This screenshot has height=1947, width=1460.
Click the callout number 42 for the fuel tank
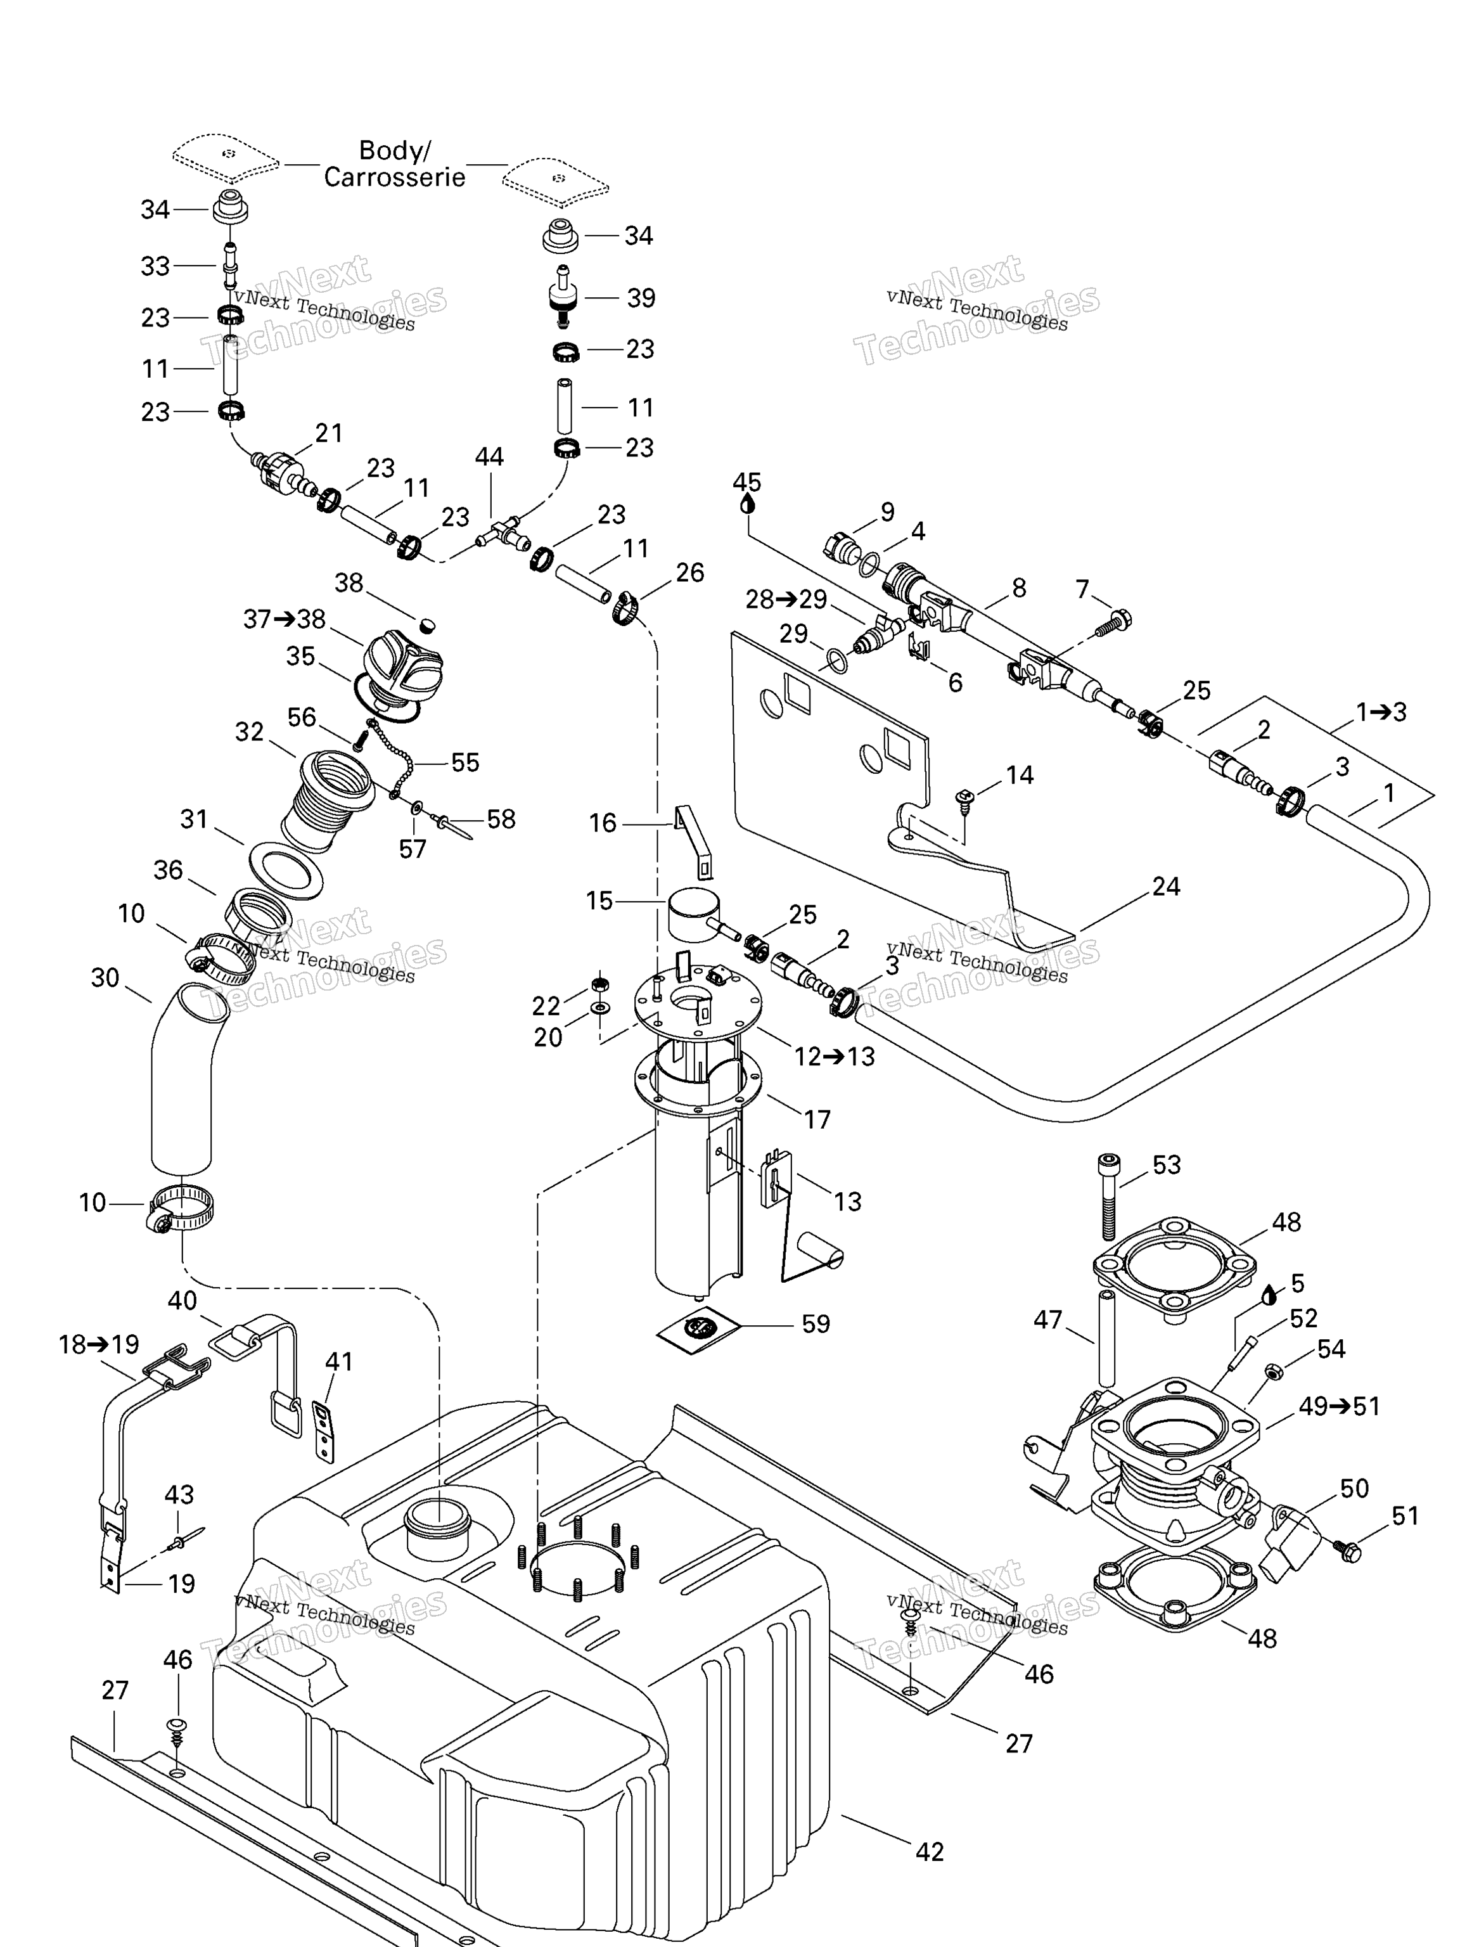coord(930,1851)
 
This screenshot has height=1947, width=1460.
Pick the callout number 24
coord(1165,887)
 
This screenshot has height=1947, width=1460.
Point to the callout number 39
coord(641,299)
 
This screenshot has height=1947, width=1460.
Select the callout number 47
coord(1047,1320)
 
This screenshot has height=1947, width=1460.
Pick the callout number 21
coord(328,433)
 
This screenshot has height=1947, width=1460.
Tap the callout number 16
coord(602,823)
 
